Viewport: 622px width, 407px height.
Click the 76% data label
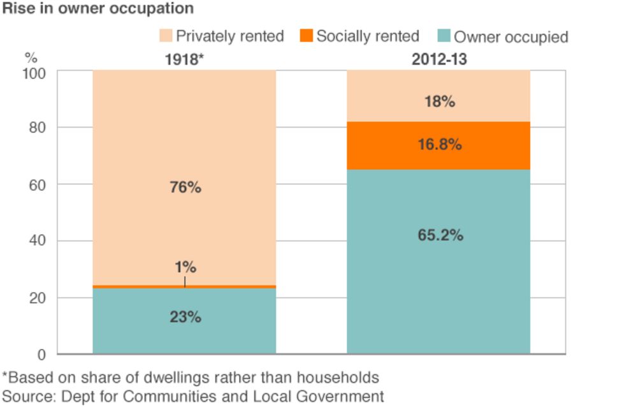point(185,188)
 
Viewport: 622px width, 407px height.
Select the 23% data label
point(185,316)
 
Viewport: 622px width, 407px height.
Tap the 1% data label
point(185,267)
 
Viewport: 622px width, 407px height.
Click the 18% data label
point(439,101)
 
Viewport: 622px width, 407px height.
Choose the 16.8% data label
point(439,145)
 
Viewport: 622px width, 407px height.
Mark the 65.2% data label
point(439,235)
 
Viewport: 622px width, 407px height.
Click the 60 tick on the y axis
point(38,185)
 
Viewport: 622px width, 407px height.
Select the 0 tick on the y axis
point(42,355)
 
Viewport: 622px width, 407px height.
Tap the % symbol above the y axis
point(31,57)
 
